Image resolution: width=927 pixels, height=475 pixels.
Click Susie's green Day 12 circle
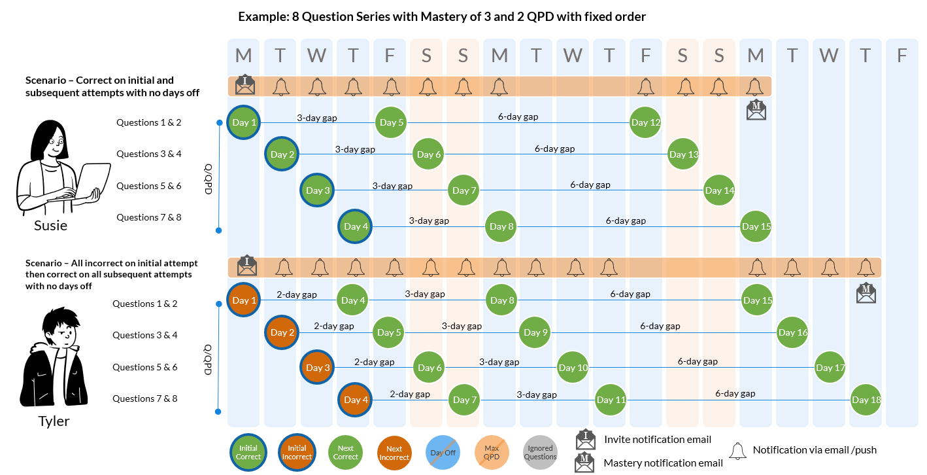click(x=646, y=122)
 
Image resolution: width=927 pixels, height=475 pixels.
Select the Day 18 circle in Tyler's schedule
click(x=866, y=400)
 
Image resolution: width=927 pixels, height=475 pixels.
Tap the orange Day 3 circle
click(x=317, y=368)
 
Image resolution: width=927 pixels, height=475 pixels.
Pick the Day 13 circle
click(x=684, y=154)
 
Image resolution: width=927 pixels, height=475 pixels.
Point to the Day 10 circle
click(x=573, y=368)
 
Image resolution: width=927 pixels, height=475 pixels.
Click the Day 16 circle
click(x=792, y=332)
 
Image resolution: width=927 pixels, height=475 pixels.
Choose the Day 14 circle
click(x=719, y=190)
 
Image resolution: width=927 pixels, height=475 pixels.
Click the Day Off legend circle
click(x=443, y=452)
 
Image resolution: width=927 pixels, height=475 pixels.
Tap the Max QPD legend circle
click(x=492, y=452)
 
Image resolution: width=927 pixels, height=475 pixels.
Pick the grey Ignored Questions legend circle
click(x=541, y=452)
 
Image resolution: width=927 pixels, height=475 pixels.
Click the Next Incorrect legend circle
click(x=394, y=452)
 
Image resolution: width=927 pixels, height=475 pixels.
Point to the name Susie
click(x=51, y=226)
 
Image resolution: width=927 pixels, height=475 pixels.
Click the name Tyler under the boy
click(x=54, y=421)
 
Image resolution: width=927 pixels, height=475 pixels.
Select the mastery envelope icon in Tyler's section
click(x=866, y=293)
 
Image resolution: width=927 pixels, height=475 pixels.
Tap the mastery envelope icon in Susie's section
click(x=756, y=110)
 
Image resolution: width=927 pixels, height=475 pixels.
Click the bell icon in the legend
click(x=738, y=450)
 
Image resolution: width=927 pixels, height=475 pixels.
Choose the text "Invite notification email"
click(x=658, y=439)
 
